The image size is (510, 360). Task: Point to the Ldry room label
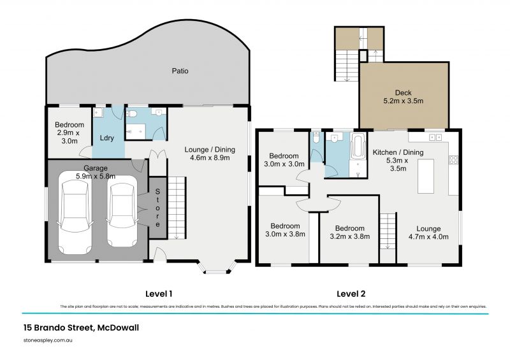(106, 137)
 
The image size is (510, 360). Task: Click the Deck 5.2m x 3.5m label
(404, 97)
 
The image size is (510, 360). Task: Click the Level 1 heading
(159, 294)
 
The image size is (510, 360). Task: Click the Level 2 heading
(352, 294)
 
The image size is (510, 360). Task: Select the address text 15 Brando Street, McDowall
(75, 328)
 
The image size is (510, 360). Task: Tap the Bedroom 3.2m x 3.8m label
(349, 232)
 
